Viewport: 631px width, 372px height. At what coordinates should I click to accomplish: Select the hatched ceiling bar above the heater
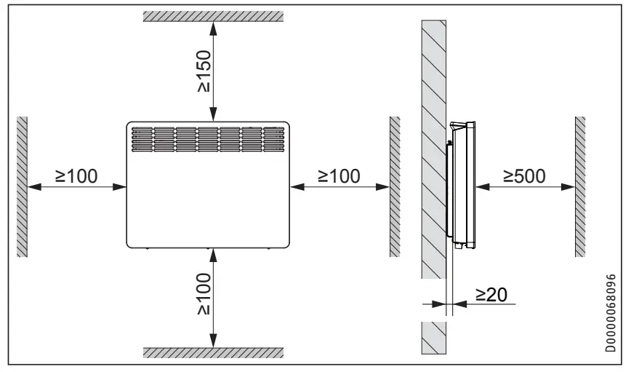(212, 16)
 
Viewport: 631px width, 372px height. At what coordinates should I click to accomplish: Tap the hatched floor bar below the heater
(212, 353)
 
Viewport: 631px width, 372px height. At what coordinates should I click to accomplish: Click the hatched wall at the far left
(22, 186)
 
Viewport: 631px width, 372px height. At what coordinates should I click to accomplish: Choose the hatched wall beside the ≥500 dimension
(580, 186)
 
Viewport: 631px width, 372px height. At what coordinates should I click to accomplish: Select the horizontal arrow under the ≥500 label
(523, 186)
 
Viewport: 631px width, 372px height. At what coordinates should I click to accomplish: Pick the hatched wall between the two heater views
(394, 186)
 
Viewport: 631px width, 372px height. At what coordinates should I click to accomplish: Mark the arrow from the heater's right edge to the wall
(339, 186)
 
